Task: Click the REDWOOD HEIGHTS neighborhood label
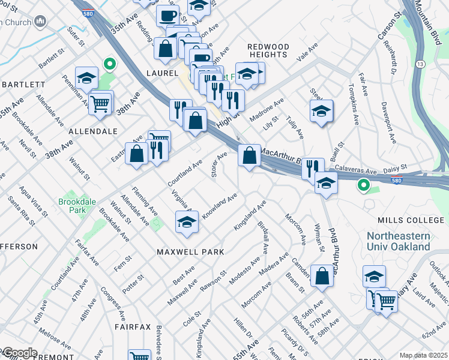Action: click(268, 50)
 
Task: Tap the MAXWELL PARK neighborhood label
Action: click(190, 252)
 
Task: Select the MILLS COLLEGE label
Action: click(405, 220)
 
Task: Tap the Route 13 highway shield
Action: click(420, 64)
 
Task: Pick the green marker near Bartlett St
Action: click(109, 63)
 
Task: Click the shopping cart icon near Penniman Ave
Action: click(100, 103)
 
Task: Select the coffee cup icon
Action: click(167, 14)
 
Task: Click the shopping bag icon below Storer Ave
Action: click(249, 155)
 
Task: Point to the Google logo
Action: click(19, 353)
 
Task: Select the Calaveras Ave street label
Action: click(354, 170)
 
